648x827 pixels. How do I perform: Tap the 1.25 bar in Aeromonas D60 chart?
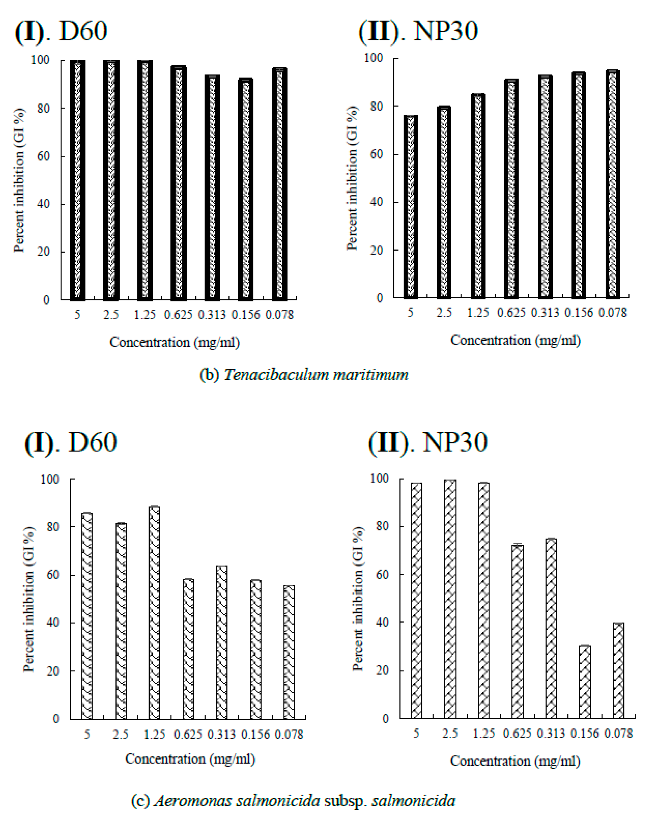click(155, 612)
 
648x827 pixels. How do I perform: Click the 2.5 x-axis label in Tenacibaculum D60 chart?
click(111, 315)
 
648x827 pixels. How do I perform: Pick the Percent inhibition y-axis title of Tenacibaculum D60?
click(19, 180)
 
